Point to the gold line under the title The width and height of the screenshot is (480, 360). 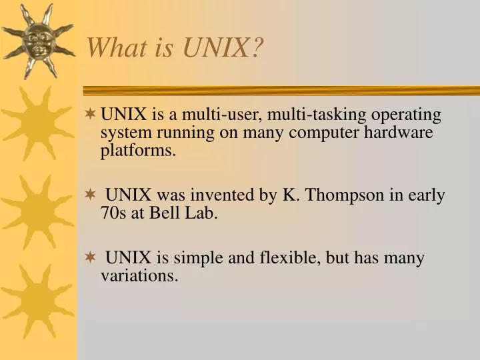[x=280, y=90]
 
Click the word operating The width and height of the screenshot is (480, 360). [x=406, y=115]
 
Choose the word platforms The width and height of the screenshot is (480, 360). [x=138, y=151]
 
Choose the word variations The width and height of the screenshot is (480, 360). [x=139, y=276]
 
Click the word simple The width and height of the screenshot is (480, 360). [x=199, y=259]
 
